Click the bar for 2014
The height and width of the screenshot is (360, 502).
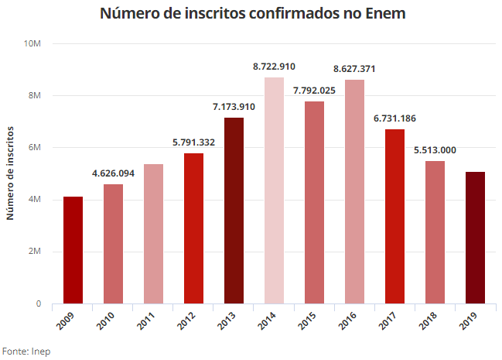coord(274,190)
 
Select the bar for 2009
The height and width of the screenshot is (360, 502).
coord(73,249)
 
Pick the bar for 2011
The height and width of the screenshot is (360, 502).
coord(153,233)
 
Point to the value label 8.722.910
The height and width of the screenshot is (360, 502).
coord(274,67)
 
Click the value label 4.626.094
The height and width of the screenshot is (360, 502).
coord(113,173)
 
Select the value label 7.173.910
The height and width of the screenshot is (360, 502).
coord(234,106)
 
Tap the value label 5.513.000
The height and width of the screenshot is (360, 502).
coord(435,149)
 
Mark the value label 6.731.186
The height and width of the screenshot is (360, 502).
coord(394,118)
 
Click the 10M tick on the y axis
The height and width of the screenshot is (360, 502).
coord(32,43)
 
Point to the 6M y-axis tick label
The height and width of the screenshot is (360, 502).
coord(35,148)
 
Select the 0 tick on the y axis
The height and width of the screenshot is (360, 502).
coord(38,304)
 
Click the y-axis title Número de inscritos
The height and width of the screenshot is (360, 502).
coord(10,175)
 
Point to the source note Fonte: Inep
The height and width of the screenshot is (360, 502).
coord(26,350)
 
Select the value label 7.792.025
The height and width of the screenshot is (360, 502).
coord(314,91)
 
